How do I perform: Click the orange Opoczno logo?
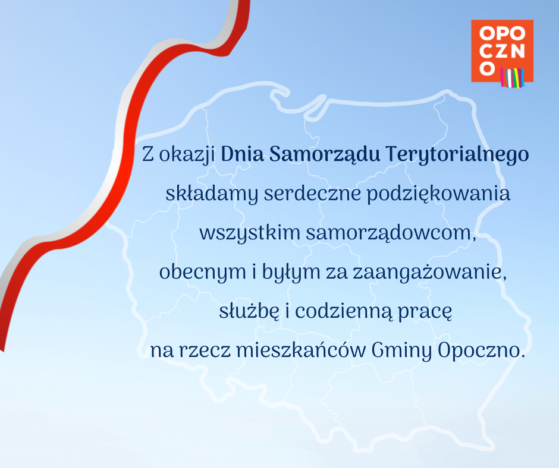(x=502, y=51)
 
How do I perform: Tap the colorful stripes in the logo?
(x=512, y=78)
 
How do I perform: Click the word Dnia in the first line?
(x=243, y=154)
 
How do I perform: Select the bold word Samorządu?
(x=325, y=154)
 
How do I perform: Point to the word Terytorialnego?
(x=457, y=155)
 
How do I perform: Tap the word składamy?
(x=211, y=194)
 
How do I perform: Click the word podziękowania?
(x=438, y=194)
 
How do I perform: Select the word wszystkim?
(x=250, y=233)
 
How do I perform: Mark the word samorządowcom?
(x=391, y=233)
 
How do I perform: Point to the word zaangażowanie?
(x=429, y=273)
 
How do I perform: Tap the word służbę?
(x=249, y=311)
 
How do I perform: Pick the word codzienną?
(x=344, y=312)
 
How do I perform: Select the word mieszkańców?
(x=301, y=350)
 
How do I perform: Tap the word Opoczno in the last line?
(x=481, y=351)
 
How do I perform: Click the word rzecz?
(x=205, y=352)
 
